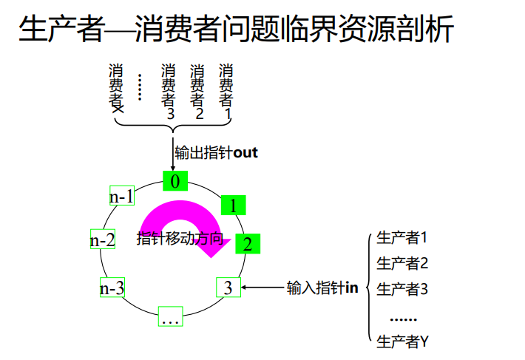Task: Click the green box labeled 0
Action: [175, 181]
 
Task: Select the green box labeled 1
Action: [233, 206]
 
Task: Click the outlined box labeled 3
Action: [228, 288]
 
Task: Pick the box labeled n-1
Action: [121, 196]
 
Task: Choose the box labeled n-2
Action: [102, 240]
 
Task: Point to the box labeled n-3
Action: [112, 288]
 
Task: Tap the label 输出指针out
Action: [216, 153]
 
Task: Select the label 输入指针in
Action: [322, 288]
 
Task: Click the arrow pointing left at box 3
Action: [263, 288]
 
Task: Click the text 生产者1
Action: [402, 238]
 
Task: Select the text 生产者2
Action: [402, 263]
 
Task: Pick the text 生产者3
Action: [402, 289]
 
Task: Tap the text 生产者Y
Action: [402, 342]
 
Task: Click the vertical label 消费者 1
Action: [226, 93]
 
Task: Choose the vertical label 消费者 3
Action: [169, 93]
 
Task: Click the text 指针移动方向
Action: [180, 239]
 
